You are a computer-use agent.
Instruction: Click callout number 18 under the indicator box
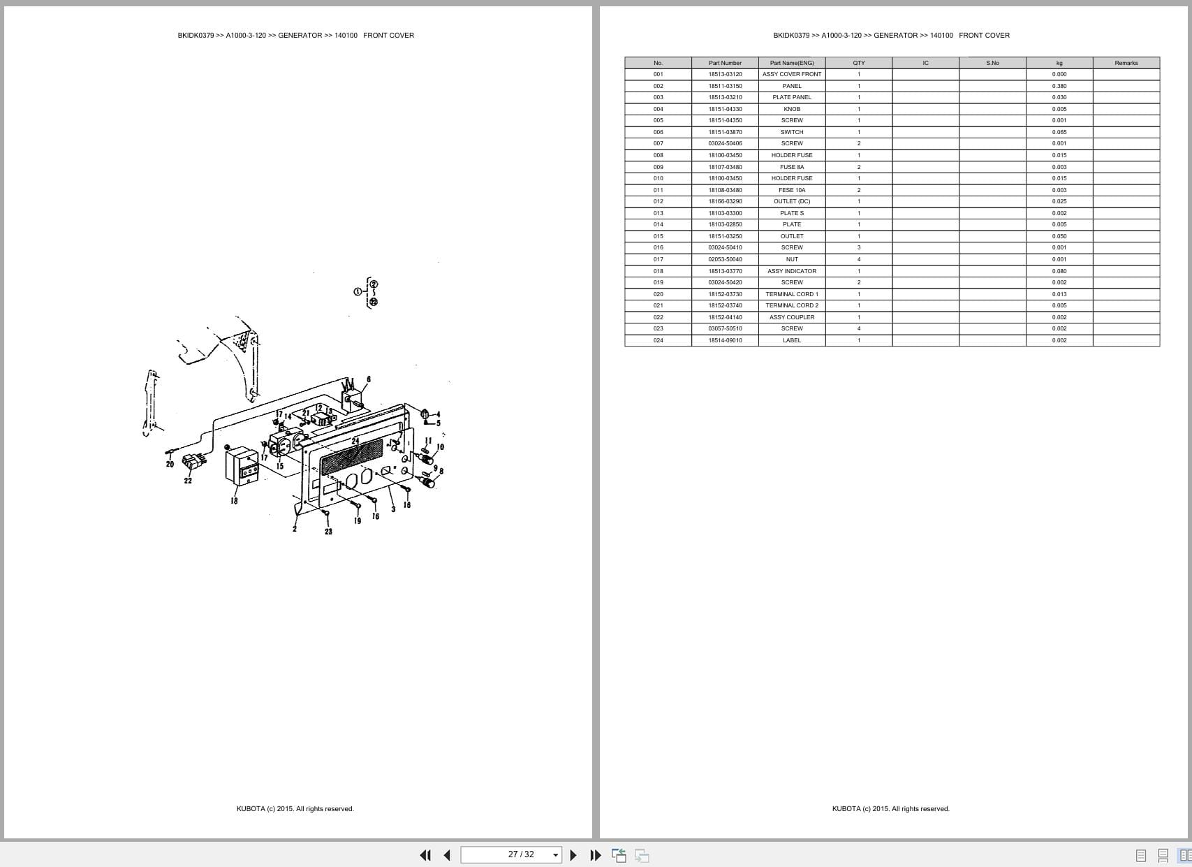click(234, 501)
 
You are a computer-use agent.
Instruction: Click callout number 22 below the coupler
click(188, 481)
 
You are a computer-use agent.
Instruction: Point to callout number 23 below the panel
click(328, 532)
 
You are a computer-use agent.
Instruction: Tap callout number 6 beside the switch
click(369, 379)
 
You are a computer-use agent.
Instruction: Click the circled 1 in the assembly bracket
click(358, 291)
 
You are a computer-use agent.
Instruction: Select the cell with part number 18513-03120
click(725, 74)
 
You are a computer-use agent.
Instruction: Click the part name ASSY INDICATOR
click(791, 271)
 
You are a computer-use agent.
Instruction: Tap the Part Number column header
click(725, 63)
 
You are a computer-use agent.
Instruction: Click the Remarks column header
click(1126, 63)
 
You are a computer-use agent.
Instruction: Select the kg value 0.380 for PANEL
click(1059, 86)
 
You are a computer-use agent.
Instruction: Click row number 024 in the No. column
click(658, 340)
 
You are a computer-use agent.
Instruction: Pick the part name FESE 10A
click(791, 190)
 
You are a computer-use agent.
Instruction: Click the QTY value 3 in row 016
click(858, 247)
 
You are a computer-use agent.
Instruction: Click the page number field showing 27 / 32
click(520, 854)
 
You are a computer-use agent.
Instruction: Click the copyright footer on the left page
click(295, 809)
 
